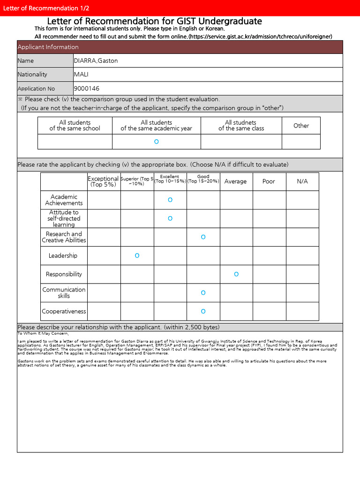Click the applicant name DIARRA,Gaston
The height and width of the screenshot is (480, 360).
pos(96,60)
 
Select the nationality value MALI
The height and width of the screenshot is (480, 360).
pos(81,75)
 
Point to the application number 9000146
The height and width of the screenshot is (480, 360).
pos(86,89)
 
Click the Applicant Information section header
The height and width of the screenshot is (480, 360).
pos(48,47)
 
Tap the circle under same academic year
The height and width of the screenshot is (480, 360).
pos(156,142)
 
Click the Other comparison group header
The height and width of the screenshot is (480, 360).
pos(301,126)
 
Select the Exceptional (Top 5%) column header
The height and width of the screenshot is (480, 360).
pos(103,181)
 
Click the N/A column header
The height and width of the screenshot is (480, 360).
pos(302,181)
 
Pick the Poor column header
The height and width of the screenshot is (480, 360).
pos(269,181)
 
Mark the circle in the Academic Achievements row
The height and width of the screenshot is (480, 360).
pos(170,200)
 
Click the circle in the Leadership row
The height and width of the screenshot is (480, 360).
pos(137,255)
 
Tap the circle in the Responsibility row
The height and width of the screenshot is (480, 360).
pos(236,274)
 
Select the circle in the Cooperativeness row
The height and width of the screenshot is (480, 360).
pos(203,311)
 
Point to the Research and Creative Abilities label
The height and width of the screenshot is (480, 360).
pos(64,237)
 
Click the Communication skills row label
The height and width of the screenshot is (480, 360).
pos(64,292)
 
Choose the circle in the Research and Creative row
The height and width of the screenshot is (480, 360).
pos(203,237)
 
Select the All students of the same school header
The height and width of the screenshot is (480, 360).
pos(75,126)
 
